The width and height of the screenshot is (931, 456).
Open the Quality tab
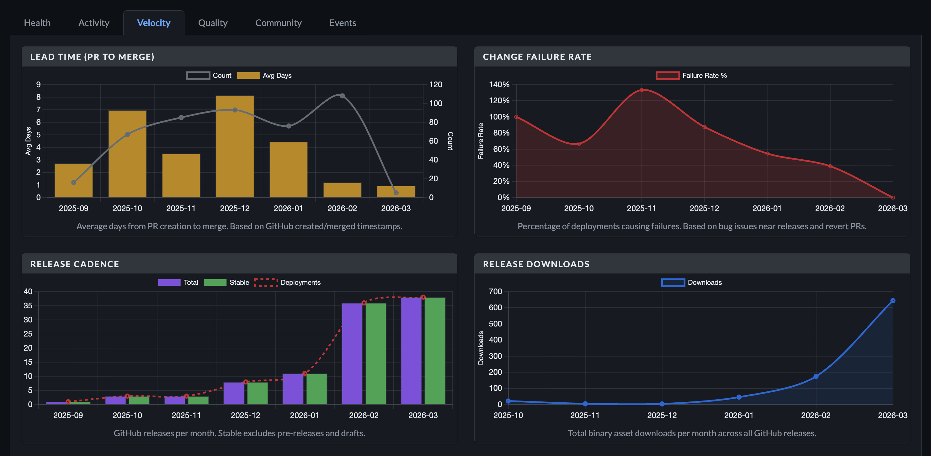212,23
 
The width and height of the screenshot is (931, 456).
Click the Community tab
278,23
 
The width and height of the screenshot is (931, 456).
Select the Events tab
343,23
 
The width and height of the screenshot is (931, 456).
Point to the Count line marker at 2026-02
342,96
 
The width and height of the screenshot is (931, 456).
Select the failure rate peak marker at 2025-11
641,90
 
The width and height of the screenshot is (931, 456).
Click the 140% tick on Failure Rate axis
499,85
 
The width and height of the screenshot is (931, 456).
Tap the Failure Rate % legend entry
691,76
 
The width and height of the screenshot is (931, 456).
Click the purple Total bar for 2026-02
352,354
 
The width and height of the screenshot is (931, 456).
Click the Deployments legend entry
287,283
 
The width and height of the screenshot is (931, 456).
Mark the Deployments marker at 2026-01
305,373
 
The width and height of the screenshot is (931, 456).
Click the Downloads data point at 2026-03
893,301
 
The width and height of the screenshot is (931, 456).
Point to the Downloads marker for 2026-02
816,377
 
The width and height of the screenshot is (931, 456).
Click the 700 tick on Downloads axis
495,292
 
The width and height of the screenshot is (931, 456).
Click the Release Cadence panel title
74,264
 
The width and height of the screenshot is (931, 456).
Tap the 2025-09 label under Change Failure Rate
516,209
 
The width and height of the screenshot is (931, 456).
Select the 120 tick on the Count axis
435,85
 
